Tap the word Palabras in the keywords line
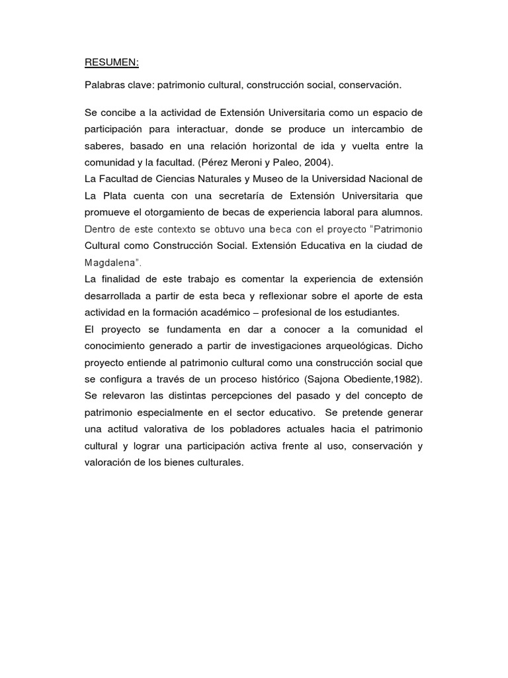click(103, 85)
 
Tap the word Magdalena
click(110, 262)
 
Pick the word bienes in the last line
click(173, 463)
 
